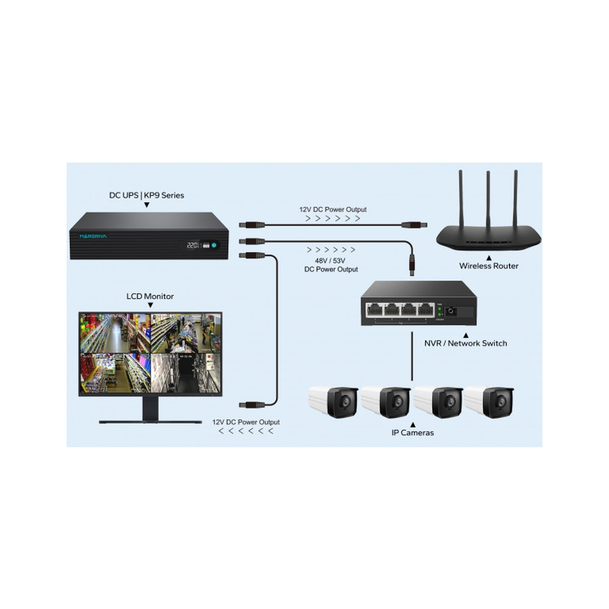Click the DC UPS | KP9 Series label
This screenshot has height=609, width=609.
tap(146, 195)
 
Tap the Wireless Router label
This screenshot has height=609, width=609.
tap(488, 266)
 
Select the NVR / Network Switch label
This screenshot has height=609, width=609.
tap(465, 343)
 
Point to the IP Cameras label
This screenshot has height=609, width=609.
tap(412, 432)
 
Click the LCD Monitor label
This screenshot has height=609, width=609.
tap(150, 296)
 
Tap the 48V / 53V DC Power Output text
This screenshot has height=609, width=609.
tap(331, 265)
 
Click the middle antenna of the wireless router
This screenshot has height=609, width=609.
tap(488, 199)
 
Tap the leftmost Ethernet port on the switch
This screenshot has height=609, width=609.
tap(374, 309)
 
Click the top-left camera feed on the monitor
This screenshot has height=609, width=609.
tap(114, 333)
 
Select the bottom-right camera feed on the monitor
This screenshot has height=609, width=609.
tap(186, 373)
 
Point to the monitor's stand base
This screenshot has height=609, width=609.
tap(150, 422)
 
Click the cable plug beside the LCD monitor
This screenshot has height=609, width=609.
tap(252, 404)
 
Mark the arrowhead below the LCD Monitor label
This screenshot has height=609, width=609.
tap(150, 304)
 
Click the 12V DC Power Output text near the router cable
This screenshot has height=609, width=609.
tap(333, 209)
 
